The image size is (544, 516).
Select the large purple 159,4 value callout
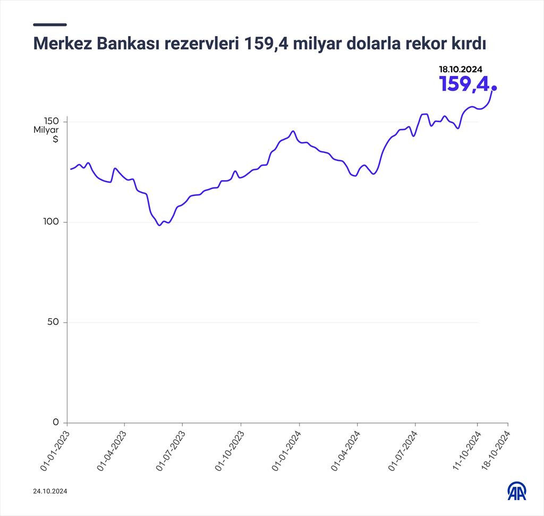pos(463,84)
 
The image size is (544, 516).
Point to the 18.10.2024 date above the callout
pos(460,69)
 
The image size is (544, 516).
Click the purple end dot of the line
pos(495,88)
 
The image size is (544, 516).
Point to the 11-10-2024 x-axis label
pos(466,451)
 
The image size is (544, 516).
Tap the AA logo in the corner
pos(516,491)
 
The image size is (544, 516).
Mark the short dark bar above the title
pos(50,24)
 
